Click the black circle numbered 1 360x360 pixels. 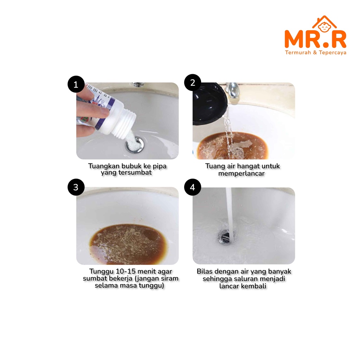[x=76, y=84]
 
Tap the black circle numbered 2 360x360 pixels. [x=193, y=82]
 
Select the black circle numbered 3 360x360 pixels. [x=76, y=187]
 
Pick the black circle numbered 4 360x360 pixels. [x=193, y=187]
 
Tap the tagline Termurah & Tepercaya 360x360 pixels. [x=315, y=53]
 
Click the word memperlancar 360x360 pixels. [x=242, y=173]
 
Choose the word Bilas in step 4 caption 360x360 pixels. [x=204, y=271]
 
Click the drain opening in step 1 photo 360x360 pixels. [x=134, y=144]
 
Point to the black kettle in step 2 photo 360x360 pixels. [x=209, y=104]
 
